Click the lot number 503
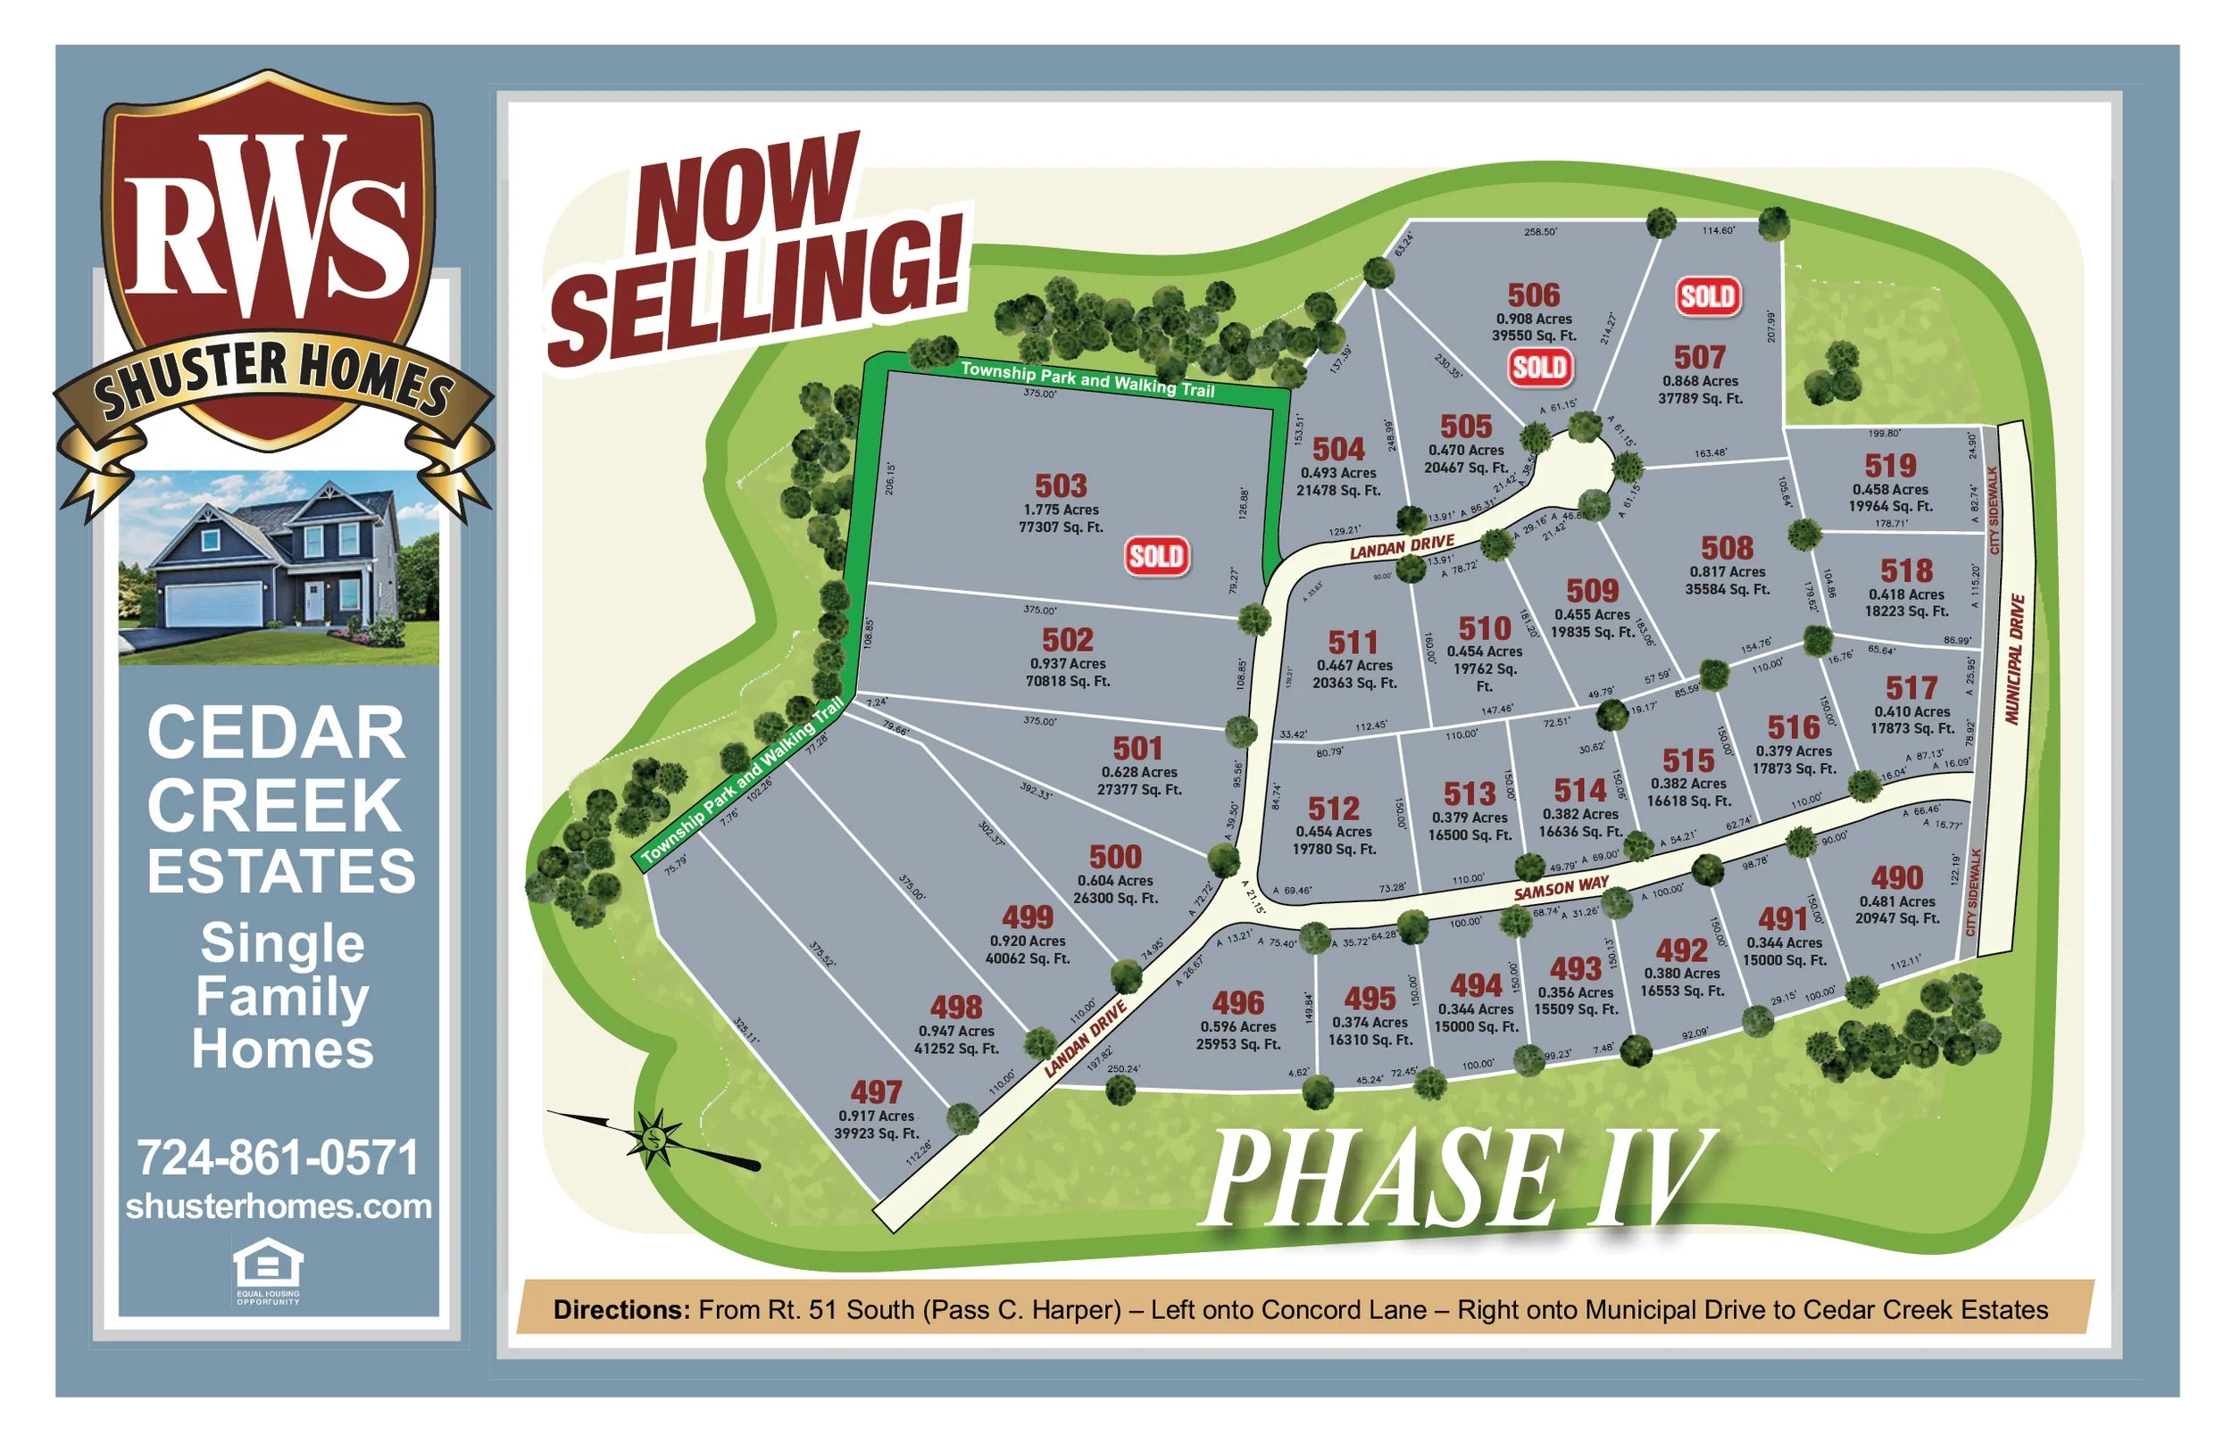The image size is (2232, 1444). click(x=1061, y=485)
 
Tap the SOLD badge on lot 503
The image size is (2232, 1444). click(x=1156, y=556)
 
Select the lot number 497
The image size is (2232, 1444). click(x=876, y=1092)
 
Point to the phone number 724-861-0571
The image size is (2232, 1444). click(x=278, y=1158)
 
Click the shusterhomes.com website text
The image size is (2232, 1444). click(x=279, y=1207)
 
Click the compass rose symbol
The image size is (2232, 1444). click(x=655, y=1138)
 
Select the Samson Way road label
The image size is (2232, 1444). click(x=1562, y=887)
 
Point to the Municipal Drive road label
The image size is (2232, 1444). click(x=2013, y=660)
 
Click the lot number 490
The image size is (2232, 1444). click(x=1896, y=877)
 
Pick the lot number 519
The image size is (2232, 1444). click(x=1890, y=466)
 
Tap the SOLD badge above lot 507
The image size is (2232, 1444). click(x=1708, y=296)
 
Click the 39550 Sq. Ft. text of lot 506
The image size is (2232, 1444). click(x=1534, y=336)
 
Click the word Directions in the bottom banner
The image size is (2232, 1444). click(x=620, y=1310)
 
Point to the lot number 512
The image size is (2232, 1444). click(x=1333, y=809)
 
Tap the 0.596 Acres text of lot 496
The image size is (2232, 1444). click(x=1238, y=1026)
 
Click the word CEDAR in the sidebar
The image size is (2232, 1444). click(x=277, y=734)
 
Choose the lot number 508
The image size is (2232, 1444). click(x=1727, y=548)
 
